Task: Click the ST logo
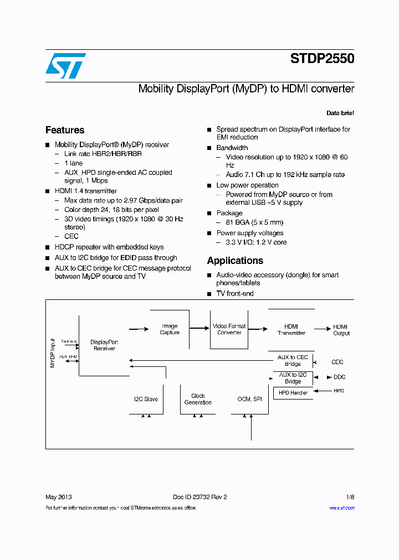point(65,66)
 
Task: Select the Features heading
point(65,130)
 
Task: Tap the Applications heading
point(235,261)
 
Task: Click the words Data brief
point(340,113)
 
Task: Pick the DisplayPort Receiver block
point(104,345)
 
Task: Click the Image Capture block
point(170,329)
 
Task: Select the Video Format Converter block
point(229,329)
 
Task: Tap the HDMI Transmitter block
point(291,330)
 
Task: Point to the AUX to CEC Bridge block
point(293,361)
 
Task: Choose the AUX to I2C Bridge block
point(293,378)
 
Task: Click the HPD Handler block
point(293,392)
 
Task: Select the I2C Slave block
point(146,399)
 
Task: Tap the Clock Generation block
point(198,399)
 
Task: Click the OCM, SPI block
point(249,399)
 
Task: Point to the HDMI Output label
point(341,330)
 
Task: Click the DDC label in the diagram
point(339,377)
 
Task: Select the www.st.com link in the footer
point(341,508)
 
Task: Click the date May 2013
point(58,497)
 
